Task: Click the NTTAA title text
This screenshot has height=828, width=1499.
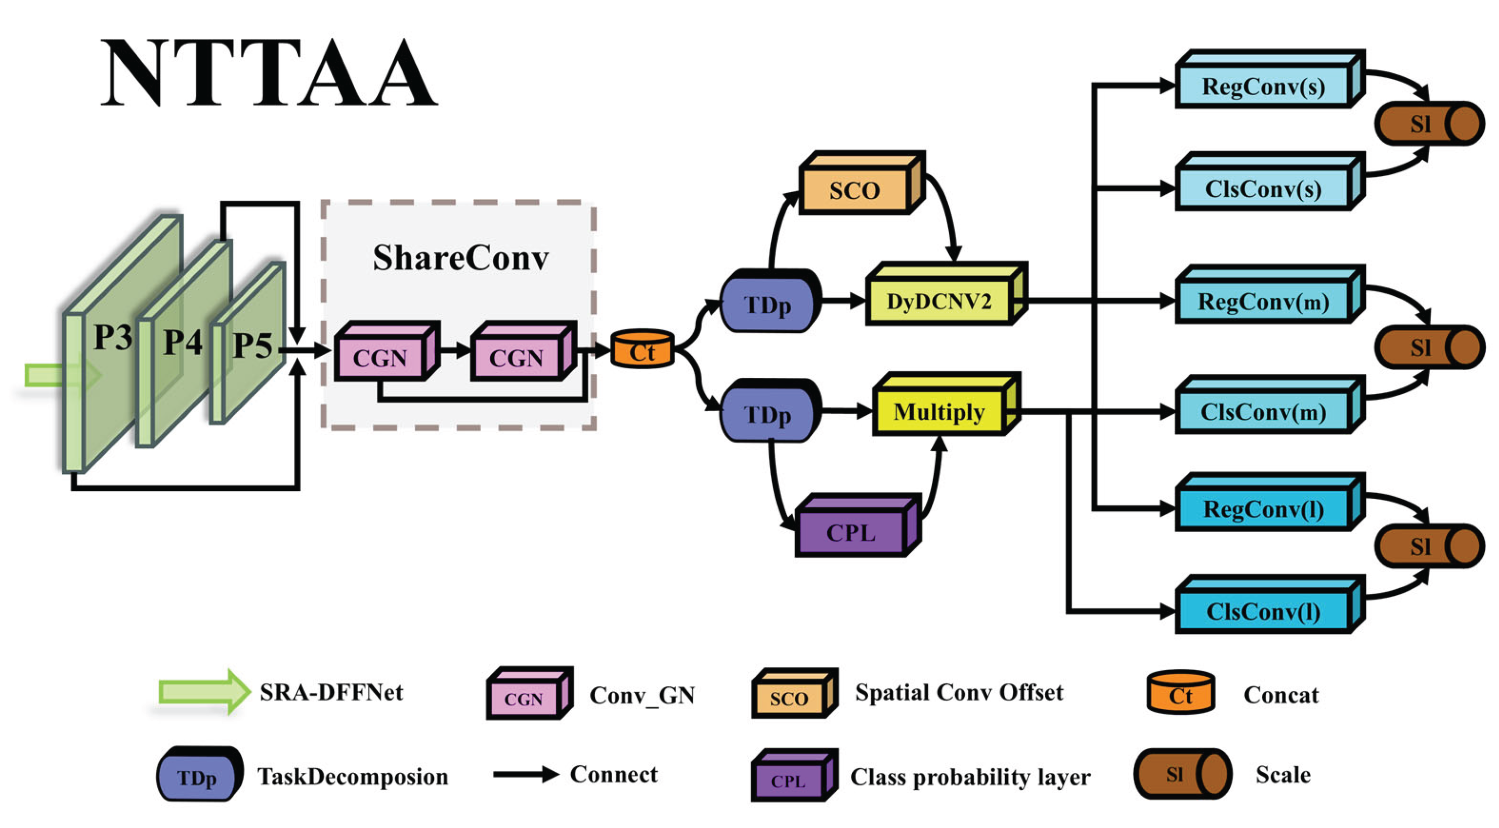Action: pos(269,73)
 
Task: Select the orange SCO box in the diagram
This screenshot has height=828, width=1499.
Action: pos(854,190)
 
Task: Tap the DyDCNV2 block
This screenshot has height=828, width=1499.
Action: pos(938,301)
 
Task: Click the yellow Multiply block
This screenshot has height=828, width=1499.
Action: pos(938,412)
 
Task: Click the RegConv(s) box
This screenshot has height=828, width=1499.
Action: pos(1263,86)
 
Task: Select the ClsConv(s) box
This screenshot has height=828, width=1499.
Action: pos(1263,189)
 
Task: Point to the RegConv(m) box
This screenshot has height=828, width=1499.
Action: pos(1263,301)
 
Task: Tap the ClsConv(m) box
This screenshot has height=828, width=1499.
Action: pos(1263,412)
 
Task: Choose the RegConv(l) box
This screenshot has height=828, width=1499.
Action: pos(1263,509)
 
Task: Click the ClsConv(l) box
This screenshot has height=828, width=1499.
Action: pos(1263,611)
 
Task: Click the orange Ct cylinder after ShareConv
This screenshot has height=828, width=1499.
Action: pos(642,351)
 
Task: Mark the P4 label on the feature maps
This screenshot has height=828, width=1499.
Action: pos(183,341)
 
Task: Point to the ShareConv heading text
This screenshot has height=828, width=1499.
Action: pos(460,258)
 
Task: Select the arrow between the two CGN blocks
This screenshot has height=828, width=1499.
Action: pos(454,351)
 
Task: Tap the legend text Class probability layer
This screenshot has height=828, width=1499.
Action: pos(970,777)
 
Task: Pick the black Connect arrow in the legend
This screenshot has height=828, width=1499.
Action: pos(526,774)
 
